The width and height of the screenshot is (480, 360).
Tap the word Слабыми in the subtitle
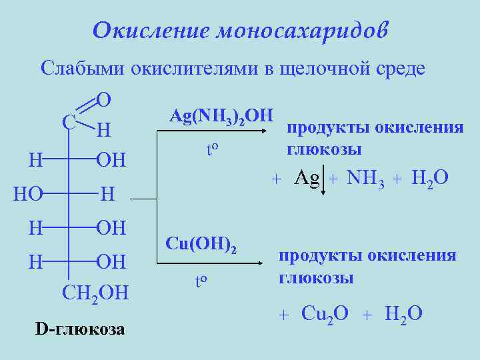[81, 68]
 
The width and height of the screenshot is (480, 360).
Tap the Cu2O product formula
[325, 313]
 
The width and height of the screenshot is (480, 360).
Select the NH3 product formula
[363, 178]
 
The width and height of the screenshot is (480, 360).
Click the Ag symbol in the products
[307, 178]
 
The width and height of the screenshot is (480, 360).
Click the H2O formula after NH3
[430, 178]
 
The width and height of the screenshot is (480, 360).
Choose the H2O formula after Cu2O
[404, 313]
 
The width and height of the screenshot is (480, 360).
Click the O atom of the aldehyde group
[103, 100]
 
